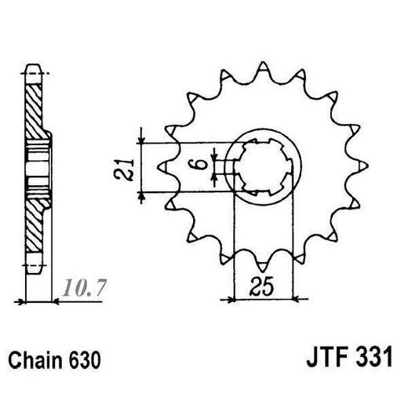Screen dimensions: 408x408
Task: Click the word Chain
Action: click(34, 363)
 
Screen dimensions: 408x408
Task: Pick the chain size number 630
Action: click(83, 363)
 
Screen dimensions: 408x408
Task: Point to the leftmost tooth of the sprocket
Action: click(162, 166)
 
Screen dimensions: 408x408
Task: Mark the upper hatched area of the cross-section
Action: click(35, 110)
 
